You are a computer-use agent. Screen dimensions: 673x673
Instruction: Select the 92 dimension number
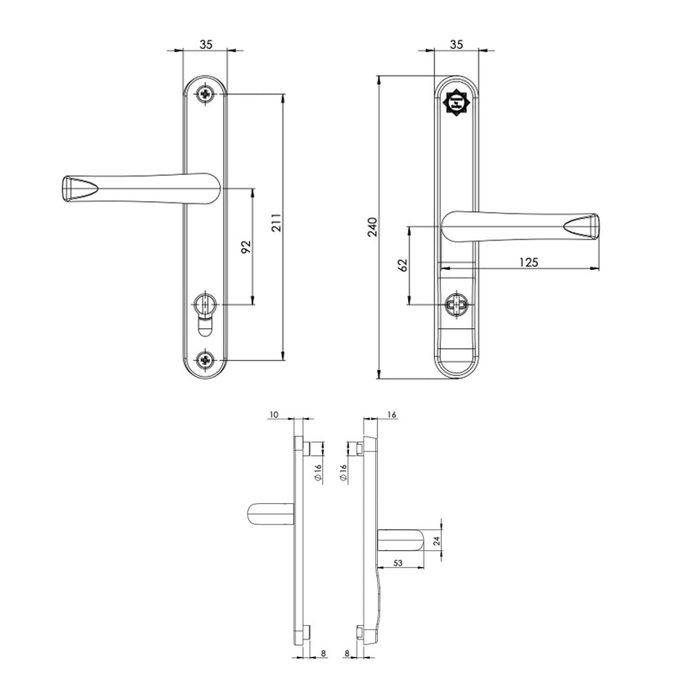click(246, 246)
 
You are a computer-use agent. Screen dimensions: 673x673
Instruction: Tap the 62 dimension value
click(403, 265)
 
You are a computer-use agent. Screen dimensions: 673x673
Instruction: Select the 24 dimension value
click(436, 543)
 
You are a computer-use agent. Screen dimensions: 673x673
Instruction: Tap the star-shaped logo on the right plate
click(454, 103)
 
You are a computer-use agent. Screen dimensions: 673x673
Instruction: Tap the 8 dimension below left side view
click(323, 652)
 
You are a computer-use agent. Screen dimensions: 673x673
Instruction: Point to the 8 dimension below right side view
click(347, 652)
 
